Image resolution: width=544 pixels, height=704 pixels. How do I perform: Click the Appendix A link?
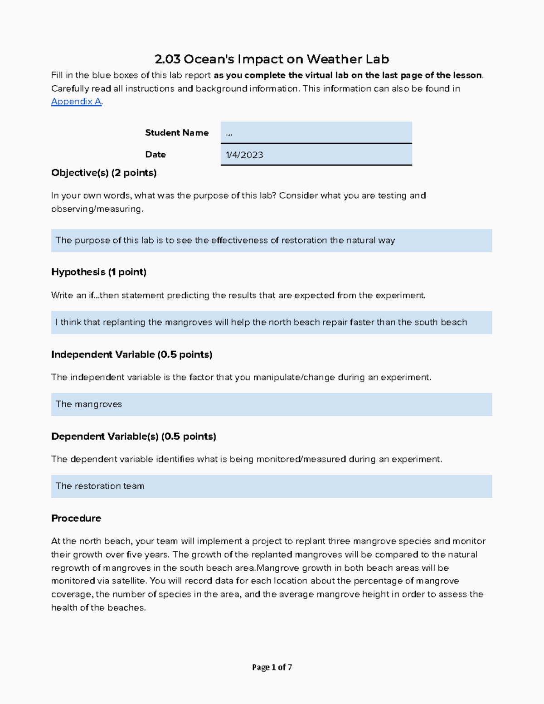click(76, 102)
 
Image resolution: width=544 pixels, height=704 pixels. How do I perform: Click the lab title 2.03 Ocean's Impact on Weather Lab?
click(272, 59)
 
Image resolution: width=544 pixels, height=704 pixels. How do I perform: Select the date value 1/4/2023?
click(245, 155)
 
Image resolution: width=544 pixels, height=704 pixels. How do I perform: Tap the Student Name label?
click(177, 133)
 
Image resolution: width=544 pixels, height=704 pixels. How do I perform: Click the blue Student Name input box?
click(316, 132)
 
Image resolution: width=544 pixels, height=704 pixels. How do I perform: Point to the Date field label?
click(155, 155)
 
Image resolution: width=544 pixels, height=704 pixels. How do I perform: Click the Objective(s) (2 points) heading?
click(104, 173)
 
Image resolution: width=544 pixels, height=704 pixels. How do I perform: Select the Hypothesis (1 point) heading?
click(99, 272)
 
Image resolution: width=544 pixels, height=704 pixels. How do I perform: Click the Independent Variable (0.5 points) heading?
click(131, 354)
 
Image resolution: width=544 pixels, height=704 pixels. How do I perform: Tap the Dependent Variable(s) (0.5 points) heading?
click(133, 437)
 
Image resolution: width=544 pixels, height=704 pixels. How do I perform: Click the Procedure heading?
click(76, 518)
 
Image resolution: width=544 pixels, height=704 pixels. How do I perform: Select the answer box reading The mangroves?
click(271, 404)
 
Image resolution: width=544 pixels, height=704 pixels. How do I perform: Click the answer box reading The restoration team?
click(271, 486)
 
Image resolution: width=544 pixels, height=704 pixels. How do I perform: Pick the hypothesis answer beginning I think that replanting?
click(271, 322)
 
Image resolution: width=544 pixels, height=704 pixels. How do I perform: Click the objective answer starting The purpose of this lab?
click(271, 241)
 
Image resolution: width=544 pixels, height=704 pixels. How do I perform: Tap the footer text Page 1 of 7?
click(272, 667)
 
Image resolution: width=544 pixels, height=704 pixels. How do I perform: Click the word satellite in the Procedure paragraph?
click(128, 581)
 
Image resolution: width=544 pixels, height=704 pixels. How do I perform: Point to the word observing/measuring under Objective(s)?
click(97, 209)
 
